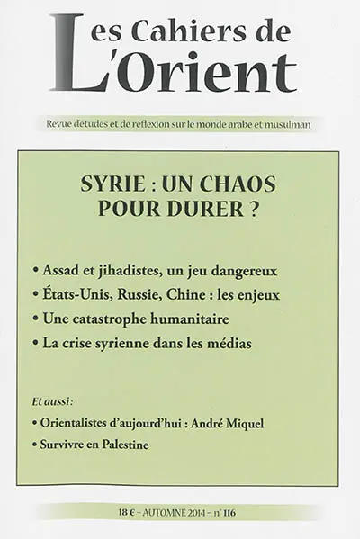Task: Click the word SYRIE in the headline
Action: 129,182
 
